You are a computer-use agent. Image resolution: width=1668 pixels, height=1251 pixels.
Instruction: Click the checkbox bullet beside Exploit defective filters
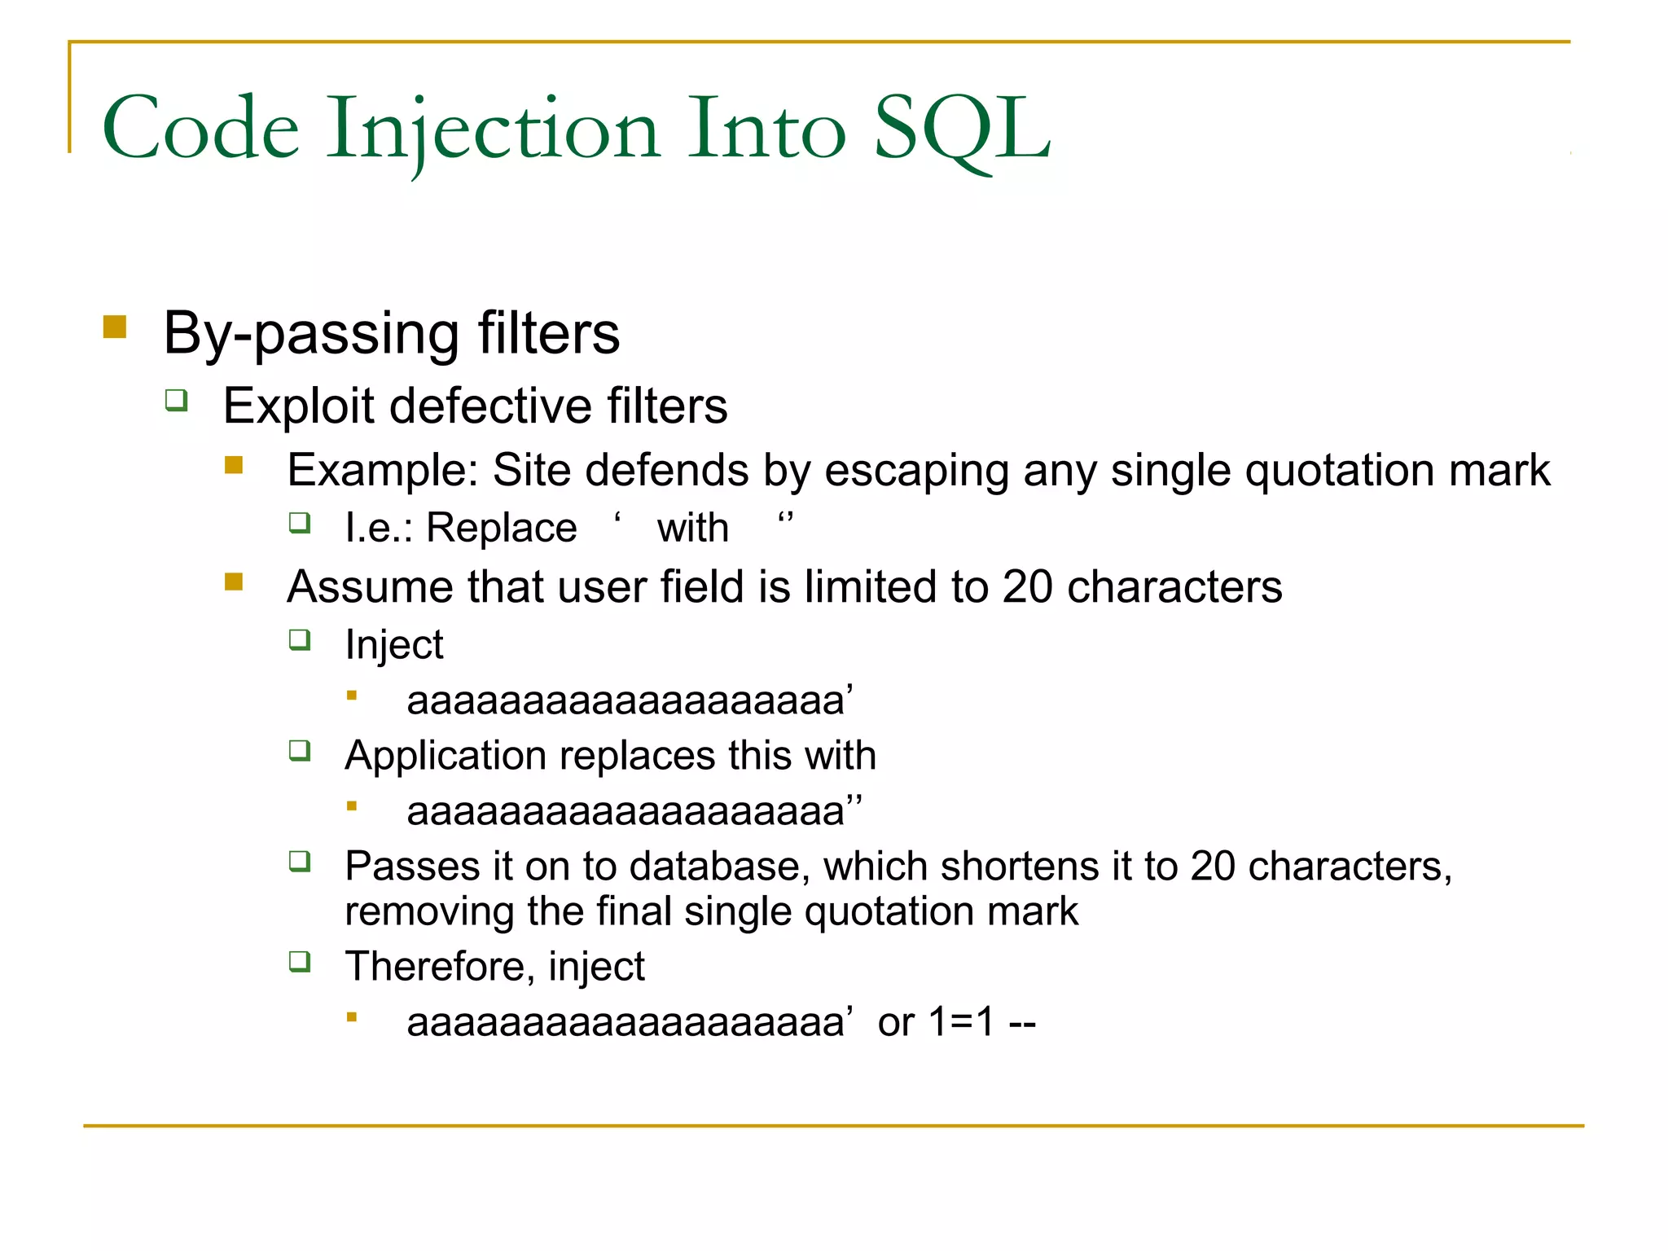coord(177,400)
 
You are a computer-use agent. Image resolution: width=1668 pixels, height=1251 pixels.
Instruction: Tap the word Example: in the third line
coord(382,470)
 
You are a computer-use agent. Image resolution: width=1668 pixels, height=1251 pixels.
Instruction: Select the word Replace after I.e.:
coord(501,528)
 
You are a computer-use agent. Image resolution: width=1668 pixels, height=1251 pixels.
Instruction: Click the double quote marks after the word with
coord(785,519)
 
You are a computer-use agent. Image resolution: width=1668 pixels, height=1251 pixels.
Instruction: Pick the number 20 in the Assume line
coord(1027,586)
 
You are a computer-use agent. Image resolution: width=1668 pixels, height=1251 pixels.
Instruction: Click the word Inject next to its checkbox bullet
coord(394,645)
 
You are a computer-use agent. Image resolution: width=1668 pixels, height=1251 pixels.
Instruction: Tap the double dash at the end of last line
coord(1022,1023)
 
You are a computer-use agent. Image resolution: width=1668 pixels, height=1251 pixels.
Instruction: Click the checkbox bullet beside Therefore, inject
coord(300,962)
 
